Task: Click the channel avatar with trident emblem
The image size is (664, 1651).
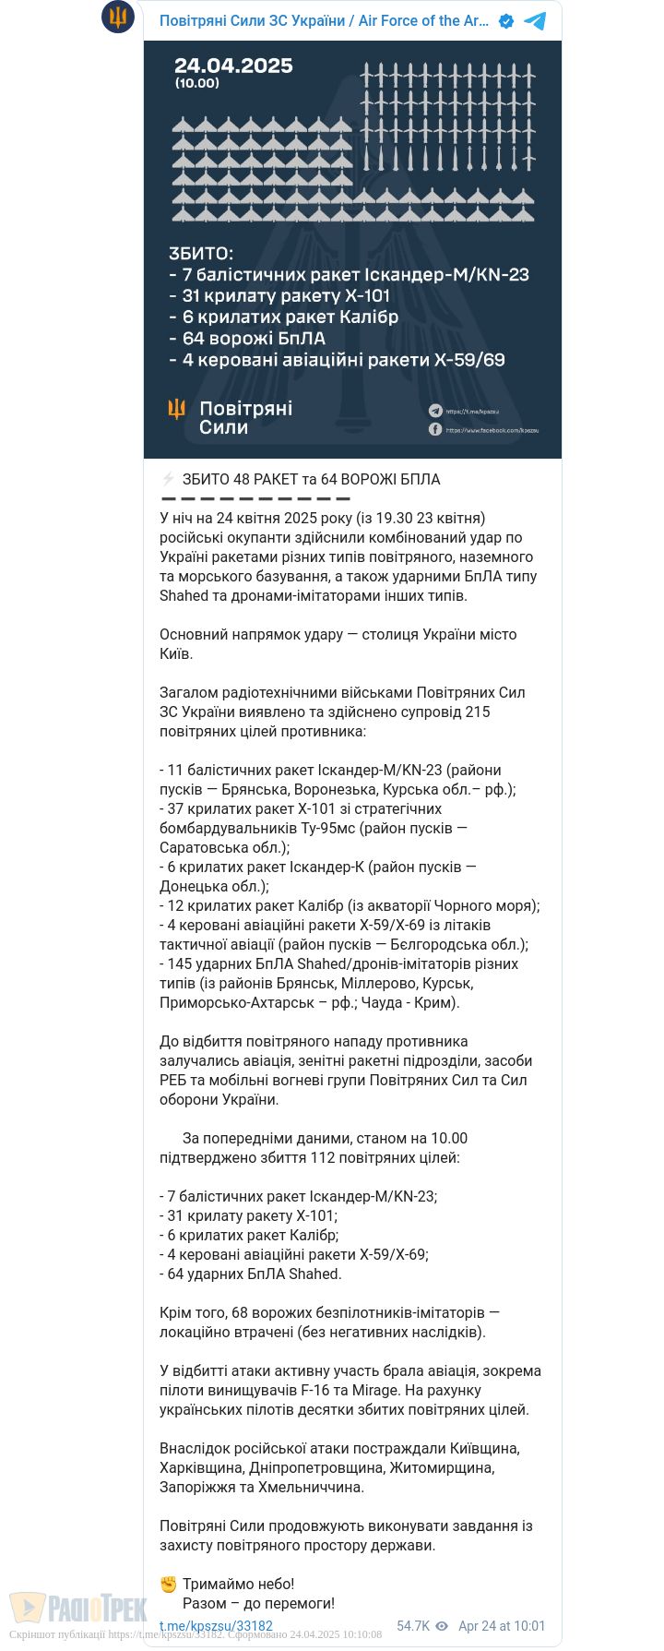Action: click(x=118, y=17)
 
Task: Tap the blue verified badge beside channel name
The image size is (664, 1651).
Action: click(x=506, y=21)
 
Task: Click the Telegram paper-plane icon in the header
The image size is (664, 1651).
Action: click(x=535, y=21)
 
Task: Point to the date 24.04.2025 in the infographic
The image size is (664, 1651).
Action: click(x=233, y=66)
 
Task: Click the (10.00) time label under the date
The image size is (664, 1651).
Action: click(x=197, y=83)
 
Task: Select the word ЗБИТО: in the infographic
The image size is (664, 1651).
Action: click(x=201, y=254)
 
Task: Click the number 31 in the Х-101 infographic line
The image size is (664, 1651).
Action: click(x=191, y=296)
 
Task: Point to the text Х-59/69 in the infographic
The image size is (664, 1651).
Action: click(x=469, y=360)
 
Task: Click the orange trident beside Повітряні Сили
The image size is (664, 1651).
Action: click(x=176, y=409)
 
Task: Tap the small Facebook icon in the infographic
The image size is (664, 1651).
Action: click(x=435, y=429)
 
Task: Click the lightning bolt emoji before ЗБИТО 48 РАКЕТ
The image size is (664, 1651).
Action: click(x=168, y=479)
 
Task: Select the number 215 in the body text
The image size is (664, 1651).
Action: click(x=478, y=712)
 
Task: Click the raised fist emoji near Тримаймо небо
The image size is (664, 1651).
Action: click(x=168, y=1584)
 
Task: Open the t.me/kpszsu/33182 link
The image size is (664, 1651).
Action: click(x=216, y=1626)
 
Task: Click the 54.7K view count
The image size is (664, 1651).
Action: click(x=413, y=1626)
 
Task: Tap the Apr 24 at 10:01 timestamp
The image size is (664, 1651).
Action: click(x=502, y=1626)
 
